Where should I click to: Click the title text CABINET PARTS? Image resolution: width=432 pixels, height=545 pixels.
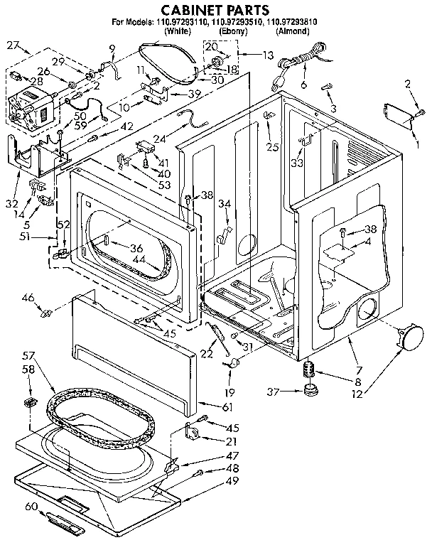coord(215,10)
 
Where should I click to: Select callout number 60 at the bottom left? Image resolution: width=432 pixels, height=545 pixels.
coord(30,507)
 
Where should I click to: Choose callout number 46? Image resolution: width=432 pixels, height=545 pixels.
coord(28,298)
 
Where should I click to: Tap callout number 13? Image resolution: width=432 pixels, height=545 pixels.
coord(268,55)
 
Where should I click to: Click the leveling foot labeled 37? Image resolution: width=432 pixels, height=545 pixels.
coord(309,390)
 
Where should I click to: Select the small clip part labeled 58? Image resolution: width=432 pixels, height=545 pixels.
coord(30,403)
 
